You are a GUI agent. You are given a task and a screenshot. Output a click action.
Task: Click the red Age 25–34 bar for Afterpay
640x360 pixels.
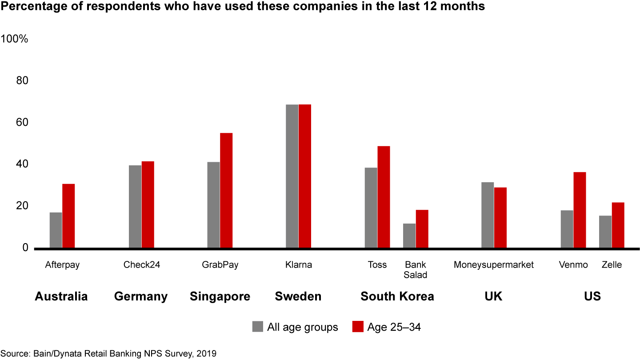(x=68, y=216)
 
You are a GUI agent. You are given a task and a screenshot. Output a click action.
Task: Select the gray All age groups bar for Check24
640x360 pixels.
(x=135, y=207)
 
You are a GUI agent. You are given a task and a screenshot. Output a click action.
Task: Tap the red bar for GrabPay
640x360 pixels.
(x=226, y=190)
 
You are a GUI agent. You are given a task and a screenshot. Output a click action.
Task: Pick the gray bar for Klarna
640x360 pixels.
(x=292, y=176)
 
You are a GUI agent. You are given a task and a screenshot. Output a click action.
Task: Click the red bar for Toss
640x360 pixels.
(x=384, y=197)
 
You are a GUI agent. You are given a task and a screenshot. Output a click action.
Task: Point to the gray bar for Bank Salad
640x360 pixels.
(x=409, y=236)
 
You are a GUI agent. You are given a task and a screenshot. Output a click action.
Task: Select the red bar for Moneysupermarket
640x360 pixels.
(x=500, y=218)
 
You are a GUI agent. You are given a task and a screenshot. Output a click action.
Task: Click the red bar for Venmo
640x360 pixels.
(x=580, y=210)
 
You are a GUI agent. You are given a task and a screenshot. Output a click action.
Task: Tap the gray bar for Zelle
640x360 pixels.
(x=605, y=232)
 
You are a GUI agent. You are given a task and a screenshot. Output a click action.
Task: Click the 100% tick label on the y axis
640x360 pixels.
(x=15, y=39)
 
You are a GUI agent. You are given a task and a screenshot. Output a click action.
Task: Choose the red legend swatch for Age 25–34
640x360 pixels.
(x=358, y=327)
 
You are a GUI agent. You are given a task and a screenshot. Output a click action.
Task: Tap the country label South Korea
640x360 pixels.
(x=397, y=296)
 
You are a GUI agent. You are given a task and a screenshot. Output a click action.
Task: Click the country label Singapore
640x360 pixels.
(x=220, y=296)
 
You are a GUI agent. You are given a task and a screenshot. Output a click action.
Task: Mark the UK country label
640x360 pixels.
(x=493, y=296)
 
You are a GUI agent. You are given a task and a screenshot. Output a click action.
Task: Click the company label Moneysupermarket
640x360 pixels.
(x=493, y=265)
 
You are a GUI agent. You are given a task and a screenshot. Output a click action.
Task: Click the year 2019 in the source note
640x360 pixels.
(x=207, y=354)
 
